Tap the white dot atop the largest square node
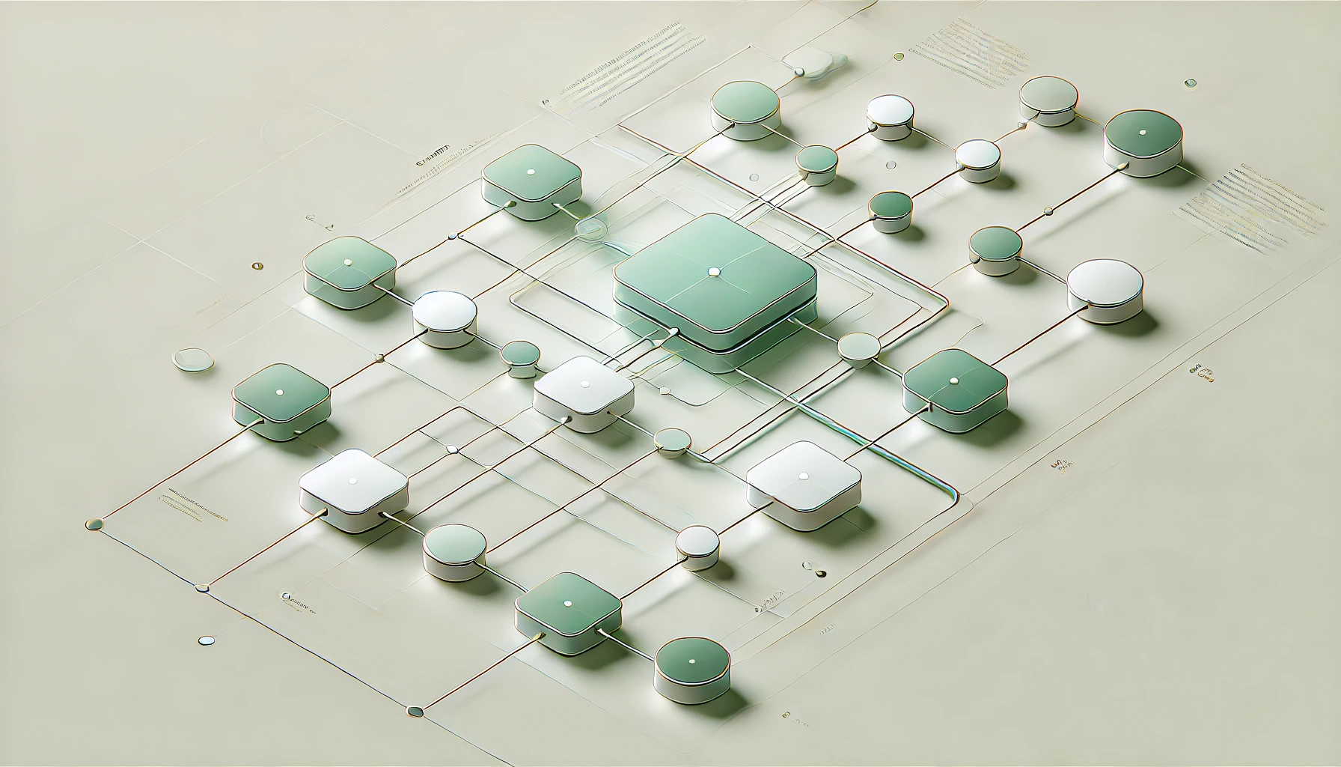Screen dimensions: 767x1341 click(712, 270)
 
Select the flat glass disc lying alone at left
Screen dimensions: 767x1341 click(192, 360)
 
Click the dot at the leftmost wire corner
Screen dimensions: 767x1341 click(94, 524)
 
